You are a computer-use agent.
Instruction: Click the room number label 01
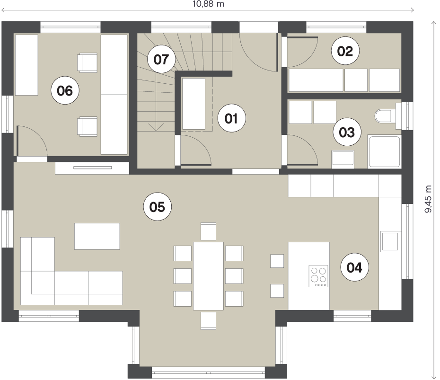coord(231,118)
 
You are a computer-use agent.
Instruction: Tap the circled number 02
coord(345,51)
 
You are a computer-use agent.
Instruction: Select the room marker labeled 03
coord(347,132)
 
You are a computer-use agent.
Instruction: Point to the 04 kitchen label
coord(355,267)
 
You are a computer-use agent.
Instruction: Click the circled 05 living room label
coord(158,207)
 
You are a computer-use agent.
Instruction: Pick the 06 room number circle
coord(65,90)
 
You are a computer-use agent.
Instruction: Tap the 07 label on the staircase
coord(161,59)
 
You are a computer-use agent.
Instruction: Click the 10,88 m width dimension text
coord(208,4)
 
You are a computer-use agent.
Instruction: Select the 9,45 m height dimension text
coord(428,199)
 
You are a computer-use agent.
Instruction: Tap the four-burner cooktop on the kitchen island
coord(318,276)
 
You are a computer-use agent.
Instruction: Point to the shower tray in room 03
coord(385,151)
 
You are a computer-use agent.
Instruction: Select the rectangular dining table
coord(208,276)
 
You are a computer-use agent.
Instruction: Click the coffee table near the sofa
coord(97,236)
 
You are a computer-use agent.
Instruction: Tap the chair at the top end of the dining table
coord(209,231)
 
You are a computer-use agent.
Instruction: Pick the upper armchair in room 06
coord(87,62)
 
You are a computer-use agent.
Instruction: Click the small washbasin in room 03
coord(343,159)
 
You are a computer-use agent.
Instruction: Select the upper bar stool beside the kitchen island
coord(277,261)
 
